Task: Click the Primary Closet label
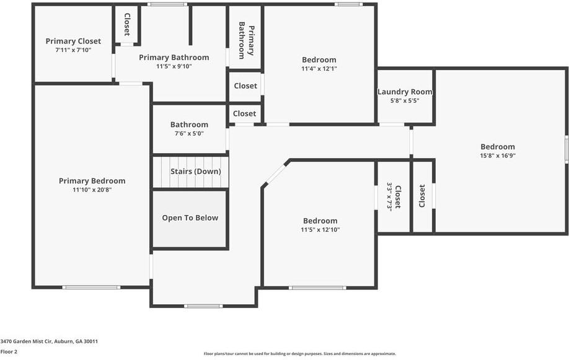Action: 73,42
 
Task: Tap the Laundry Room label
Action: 405,92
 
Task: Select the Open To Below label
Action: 190,217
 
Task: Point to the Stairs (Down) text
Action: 195,172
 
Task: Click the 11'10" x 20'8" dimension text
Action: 92,190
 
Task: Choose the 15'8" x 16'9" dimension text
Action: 498,156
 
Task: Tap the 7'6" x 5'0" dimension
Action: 189,133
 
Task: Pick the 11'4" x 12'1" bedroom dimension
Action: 319,69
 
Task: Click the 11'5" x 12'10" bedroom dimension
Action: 320,230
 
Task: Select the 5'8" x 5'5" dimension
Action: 405,100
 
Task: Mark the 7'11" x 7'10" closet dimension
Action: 73,50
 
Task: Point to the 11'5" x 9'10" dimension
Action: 174,66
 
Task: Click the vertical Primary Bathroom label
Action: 246,40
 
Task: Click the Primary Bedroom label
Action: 92,181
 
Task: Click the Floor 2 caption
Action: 9,351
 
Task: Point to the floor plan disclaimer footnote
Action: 300,354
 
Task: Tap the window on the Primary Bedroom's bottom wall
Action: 91,287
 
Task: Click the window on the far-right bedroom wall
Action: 566,150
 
